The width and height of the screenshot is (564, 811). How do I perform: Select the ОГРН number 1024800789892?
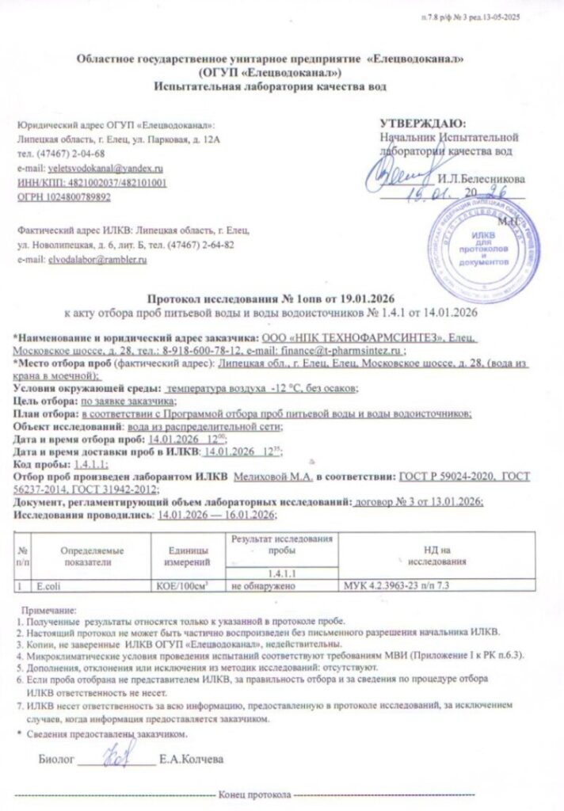tap(77, 197)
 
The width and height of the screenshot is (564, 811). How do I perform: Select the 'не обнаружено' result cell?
tap(264, 587)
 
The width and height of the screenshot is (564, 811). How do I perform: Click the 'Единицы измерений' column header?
tap(188, 555)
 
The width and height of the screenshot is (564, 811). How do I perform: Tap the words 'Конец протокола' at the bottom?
tap(254, 795)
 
